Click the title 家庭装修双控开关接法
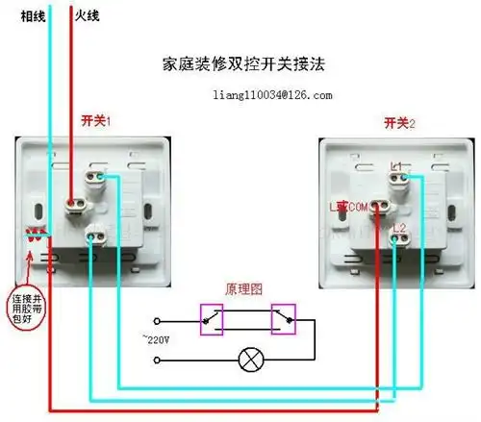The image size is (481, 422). [x=243, y=66]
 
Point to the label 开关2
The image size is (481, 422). [x=398, y=122]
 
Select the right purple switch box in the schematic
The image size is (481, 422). [x=285, y=320]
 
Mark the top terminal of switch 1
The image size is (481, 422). [x=94, y=177]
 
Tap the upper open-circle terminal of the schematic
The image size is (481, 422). [x=155, y=320]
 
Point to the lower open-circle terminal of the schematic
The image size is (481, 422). [x=155, y=360]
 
